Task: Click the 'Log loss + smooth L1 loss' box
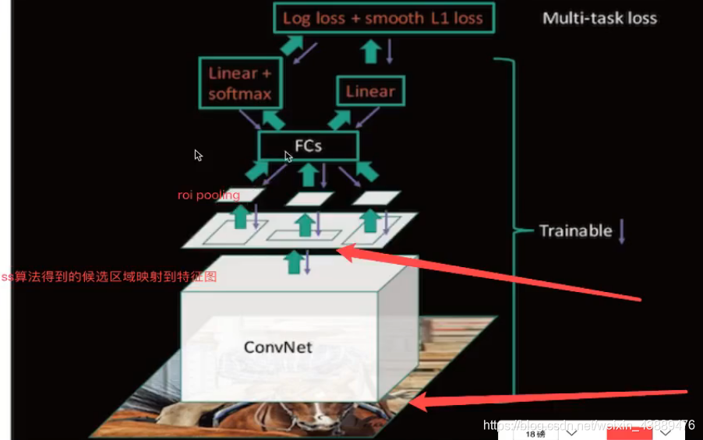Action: [x=383, y=18]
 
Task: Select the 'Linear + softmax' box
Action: [x=240, y=83]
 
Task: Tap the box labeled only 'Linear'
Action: [x=370, y=91]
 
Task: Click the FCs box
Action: [x=308, y=146]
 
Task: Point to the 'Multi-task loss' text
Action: [x=599, y=18]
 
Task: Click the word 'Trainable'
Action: [x=575, y=231]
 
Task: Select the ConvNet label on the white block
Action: [x=277, y=347]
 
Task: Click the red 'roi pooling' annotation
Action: [x=208, y=195]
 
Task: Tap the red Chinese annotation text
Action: [x=108, y=276]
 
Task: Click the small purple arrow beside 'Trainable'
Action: [x=622, y=232]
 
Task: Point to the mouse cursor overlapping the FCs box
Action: [x=288, y=157]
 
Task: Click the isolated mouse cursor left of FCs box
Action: [x=199, y=155]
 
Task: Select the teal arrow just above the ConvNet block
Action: [x=293, y=262]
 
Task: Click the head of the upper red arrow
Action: [x=343, y=251]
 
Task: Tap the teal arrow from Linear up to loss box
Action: [x=371, y=51]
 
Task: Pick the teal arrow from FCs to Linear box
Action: [x=341, y=119]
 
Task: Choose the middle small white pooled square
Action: [x=309, y=199]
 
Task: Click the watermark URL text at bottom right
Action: [x=588, y=425]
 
